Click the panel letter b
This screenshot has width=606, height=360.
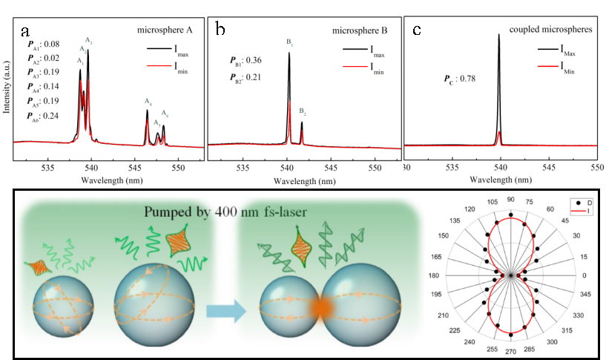pyautogui.click(x=220, y=29)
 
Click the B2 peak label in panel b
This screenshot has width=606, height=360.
pyautogui.click(x=303, y=111)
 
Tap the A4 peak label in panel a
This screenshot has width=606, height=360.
pyautogui.click(x=148, y=102)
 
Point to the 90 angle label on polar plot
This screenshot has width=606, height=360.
pyautogui.click(x=510, y=200)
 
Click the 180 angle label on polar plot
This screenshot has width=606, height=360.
pyautogui.click(x=434, y=275)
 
